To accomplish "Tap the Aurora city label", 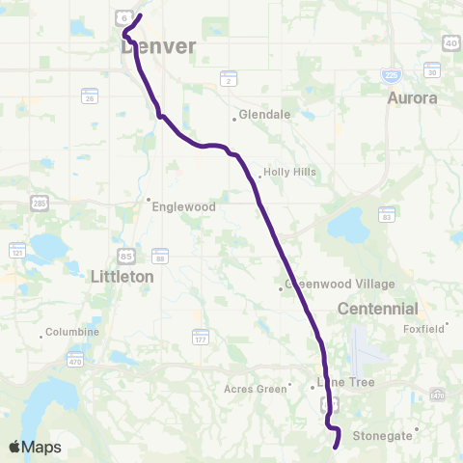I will [x=412, y=98].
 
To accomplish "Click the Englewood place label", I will [x=180, y=205].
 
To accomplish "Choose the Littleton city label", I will [x=122, y=276].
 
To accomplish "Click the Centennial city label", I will [x=378, y=310].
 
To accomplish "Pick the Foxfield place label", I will [x=423, y=328].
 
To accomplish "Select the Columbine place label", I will [x=74, y=333].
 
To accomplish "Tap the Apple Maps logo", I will [x=34, y=447].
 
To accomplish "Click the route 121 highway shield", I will [x=17, y=251].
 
